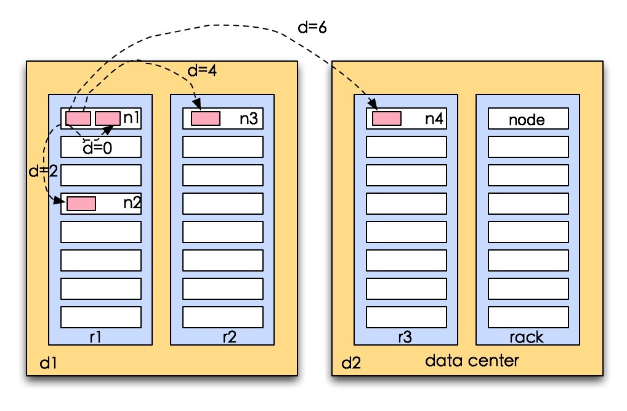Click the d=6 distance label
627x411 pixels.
tap(312, 27)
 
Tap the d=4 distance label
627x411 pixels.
tap(203, 70)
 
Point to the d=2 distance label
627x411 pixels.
tap(43, 171)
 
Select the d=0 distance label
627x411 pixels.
tap(97, 148)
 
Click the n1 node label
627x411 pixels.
tap(132, 118)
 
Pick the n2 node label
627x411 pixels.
tap(132, 202)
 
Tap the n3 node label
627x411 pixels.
tap(249, 118)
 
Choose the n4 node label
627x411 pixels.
tap(434, 118)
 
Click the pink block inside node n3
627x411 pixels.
tap(206, 118)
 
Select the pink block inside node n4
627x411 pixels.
tap(387, 118)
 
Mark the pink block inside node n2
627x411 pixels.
tap(81, 204)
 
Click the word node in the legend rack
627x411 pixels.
tap(527, 120)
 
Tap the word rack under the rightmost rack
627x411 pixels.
tap(527, 338)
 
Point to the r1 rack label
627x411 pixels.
tap(95, 337)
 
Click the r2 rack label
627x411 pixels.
tap(230, 337)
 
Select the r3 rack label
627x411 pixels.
tap(405, 337)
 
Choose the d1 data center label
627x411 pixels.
tap(49, 363)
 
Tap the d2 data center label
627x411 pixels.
tap(351, 363)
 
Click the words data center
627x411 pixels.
tap(472, 360)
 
